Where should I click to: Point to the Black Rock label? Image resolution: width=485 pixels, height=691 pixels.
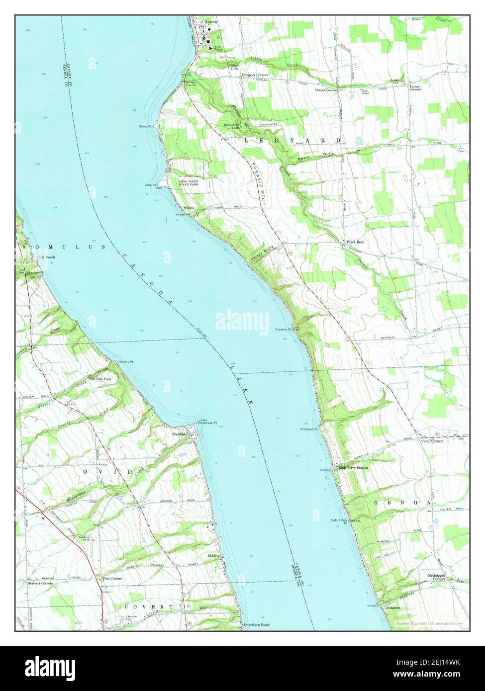pyautogui.click(x=356, y=242)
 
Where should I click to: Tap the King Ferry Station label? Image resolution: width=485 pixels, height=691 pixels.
pyautogui.click(x=353, y=468)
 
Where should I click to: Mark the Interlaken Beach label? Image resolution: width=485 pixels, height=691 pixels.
pyautogui.click(x=257, y=624)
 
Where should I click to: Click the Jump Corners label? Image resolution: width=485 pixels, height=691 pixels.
pyautogui.click(x=432, y=441)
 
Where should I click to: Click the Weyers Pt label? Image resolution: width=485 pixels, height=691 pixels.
pyautogui.click(x=126, y=361)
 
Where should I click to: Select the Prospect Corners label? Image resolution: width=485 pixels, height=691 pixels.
pyautogui.click(x=255, y=75)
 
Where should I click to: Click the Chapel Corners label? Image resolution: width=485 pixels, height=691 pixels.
pyautogui.click(x=326, y=90)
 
